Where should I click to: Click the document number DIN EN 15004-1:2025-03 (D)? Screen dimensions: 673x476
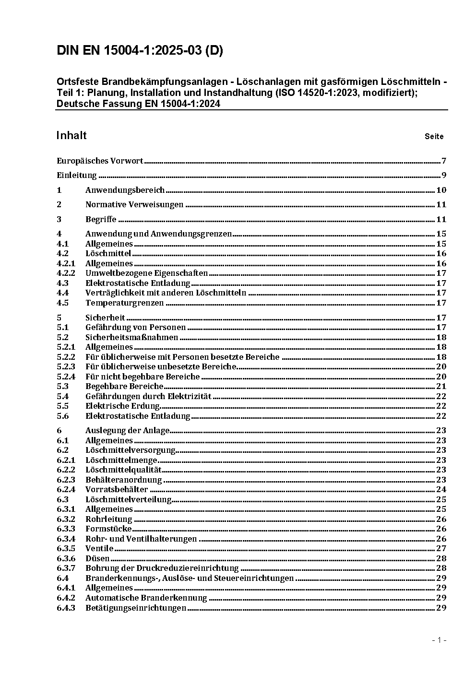pyautogui.click(x=140, y=51)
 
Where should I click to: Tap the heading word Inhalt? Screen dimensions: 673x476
pyautogui.click(x=71, y=136)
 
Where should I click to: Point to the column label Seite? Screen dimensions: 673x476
pyautogui.click(x=434, y=137)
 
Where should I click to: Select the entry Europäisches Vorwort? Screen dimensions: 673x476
pyautogui.click(x=100, y=161)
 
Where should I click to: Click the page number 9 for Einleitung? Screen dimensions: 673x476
pyautogui.click(x=444, y=175)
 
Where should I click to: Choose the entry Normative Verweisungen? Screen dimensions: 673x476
pyautogui.click(x=134, y=205)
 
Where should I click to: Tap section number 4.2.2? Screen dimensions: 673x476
pyautogui.click(x=66, y=273)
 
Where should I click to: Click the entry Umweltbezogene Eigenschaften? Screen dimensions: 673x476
pyautogui.click(x=146, y=273)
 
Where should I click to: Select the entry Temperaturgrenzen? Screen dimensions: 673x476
pyautogui.click(x=125, y=303)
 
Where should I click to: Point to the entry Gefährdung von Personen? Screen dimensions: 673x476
pyautogui.click(x=135, y=328)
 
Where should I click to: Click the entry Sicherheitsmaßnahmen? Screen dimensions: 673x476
pyautogui.click(x=131, y=337)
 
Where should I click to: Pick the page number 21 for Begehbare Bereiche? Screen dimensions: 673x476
pyautogui.click(x=441, y=387)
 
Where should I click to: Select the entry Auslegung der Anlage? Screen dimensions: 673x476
pyautogui.click(x=127, y=431)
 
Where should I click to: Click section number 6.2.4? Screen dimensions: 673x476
pyautogui.click(x=66, y=490)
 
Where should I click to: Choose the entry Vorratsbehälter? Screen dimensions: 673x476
pyautogui.click(x=117, y=490)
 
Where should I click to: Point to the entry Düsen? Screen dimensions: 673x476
pyautogui.click(x=97, y=559)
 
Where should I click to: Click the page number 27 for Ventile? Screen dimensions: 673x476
pyautogui.click(x=441, y=549)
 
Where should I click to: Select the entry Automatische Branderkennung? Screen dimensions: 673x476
pyautogui.click(x=146, y=598)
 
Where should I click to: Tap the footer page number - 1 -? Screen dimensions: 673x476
pyautogui.click(x=439, y=640)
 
